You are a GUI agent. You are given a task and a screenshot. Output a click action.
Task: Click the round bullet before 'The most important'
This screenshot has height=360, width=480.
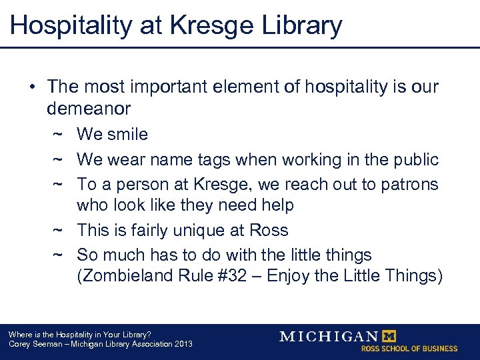(32, 87)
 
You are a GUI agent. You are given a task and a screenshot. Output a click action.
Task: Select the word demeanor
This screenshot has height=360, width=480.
(89, 107)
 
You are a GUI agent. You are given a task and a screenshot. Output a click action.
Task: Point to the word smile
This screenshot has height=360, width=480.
(127, 134)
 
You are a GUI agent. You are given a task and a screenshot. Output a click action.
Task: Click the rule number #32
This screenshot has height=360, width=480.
(238, 277)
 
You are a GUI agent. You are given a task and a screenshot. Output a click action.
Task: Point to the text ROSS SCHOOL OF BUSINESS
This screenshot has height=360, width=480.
(409, 349)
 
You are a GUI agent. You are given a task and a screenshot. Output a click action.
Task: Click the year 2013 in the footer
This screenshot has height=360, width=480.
(182, 344)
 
